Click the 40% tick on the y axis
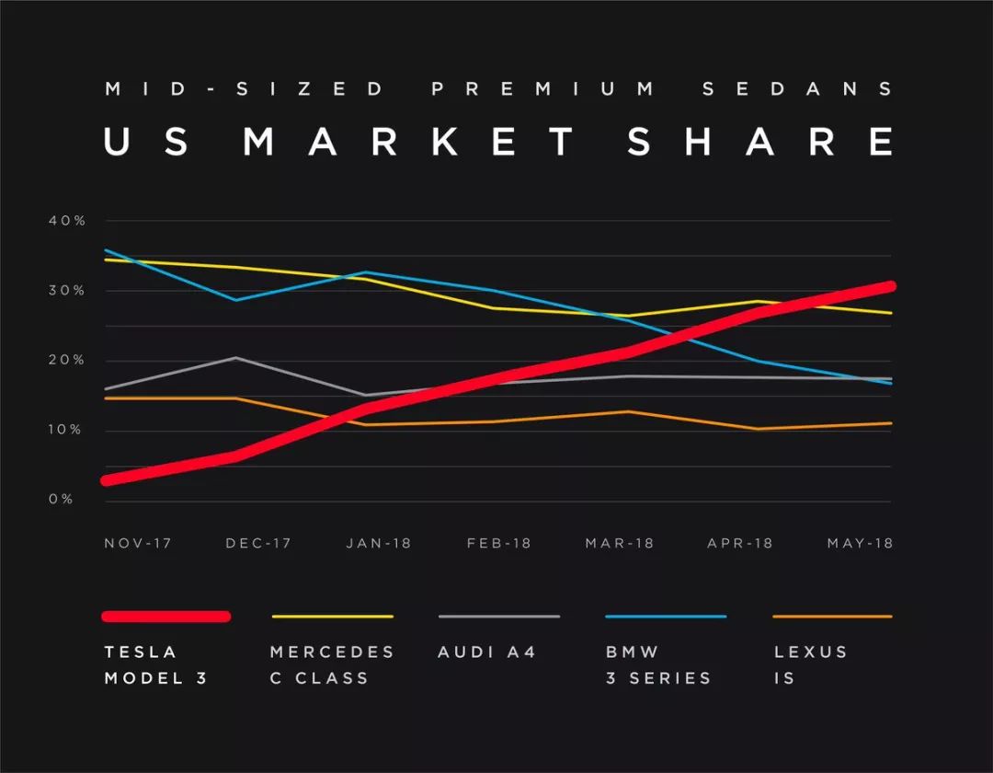pos(67,221)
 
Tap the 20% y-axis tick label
pos(67,361)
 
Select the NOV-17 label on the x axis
pos(138,543)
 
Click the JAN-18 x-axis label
pos(379,543)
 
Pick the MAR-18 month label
pos(620,543)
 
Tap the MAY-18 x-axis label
pos(860,543)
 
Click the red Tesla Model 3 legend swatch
pos(166,617)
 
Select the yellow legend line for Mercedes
pos(333,617)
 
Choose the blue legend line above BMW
pos(666,617)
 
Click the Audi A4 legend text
pos(487,652)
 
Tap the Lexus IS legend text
pos(811,664)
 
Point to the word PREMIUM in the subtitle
pos(542,89)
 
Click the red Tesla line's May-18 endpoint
pos(889,286)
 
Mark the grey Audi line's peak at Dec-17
pos(236,357)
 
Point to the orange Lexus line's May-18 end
pos(890,423)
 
